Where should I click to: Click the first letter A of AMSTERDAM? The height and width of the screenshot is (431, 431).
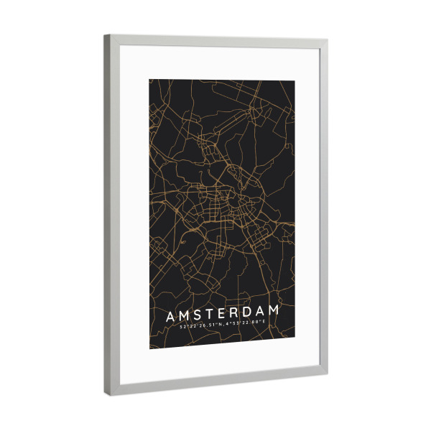tap(170, 316)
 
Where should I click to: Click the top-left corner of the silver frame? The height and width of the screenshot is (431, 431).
tap(105, 35)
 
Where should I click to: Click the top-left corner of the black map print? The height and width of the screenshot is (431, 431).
tap(149, 79)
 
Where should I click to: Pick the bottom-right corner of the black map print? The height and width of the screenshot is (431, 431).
tap(295, 343)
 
